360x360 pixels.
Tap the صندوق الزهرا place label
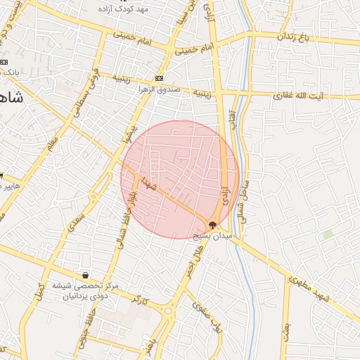(158, 90)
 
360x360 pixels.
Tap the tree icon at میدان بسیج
(212, 225)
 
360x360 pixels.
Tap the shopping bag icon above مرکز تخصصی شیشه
(86, 275)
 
